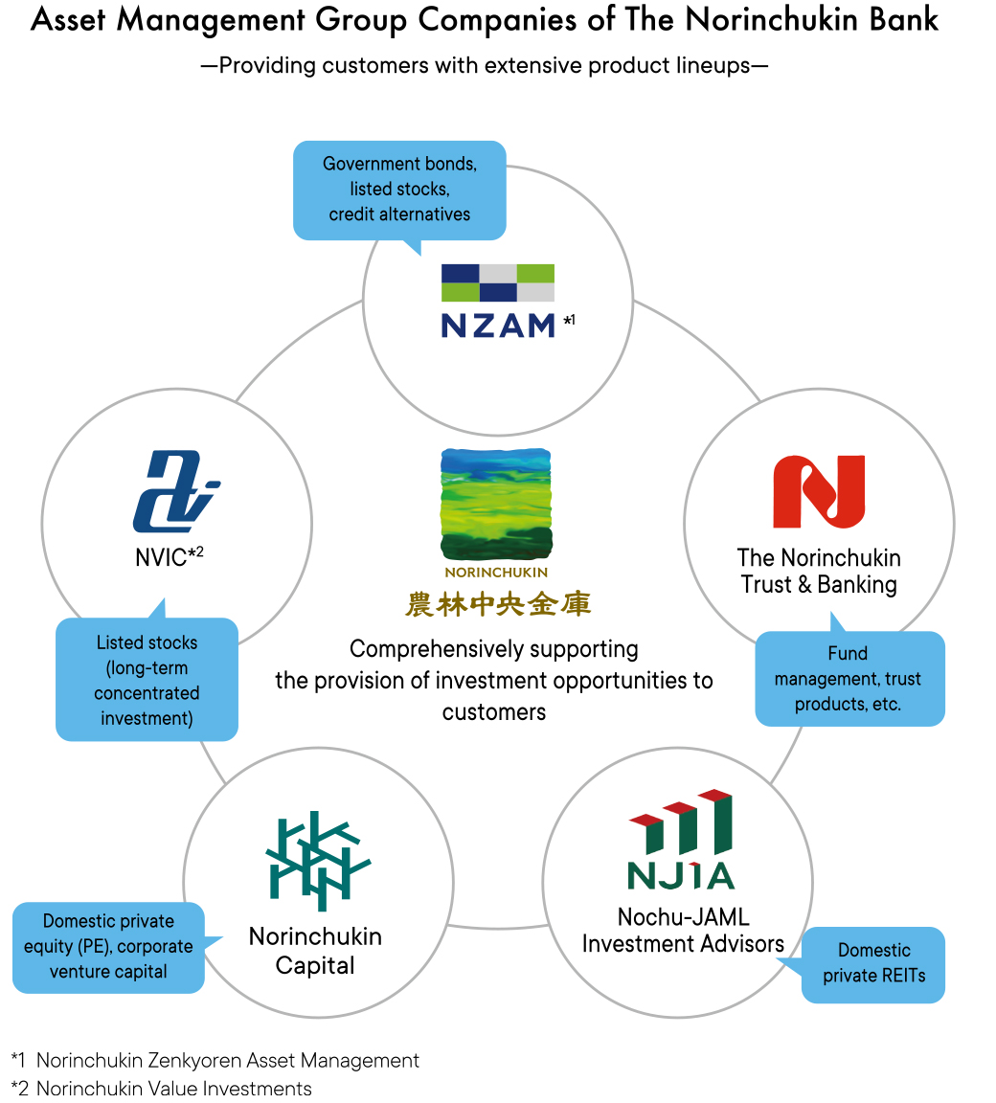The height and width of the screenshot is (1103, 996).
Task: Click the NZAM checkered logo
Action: [498, 282]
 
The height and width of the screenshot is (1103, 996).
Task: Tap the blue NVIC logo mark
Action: [176, 491]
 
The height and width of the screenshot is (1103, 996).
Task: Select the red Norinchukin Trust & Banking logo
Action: [819, 491]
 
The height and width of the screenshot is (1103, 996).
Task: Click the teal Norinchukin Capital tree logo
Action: [318, 861]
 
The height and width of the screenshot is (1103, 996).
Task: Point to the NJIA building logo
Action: [681, 839]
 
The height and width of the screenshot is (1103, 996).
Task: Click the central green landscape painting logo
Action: [496, 505]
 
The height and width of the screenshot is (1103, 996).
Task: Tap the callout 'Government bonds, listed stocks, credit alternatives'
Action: [399, 191]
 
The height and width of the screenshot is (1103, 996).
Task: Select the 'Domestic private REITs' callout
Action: [872, 964]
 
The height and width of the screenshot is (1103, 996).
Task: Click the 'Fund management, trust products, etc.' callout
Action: [849, 678]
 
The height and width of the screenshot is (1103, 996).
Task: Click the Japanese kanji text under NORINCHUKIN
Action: [497, 604]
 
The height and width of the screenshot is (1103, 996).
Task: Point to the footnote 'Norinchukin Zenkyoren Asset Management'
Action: [227, 1060]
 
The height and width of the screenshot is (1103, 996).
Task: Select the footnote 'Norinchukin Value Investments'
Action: [173, 1089]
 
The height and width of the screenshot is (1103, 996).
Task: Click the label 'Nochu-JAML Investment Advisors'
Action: [683, 930]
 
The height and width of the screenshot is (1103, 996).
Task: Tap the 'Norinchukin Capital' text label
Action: [315, 951]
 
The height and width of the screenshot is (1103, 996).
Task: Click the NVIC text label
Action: [169, 556]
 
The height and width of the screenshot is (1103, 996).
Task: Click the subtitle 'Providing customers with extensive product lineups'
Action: [485, 65]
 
